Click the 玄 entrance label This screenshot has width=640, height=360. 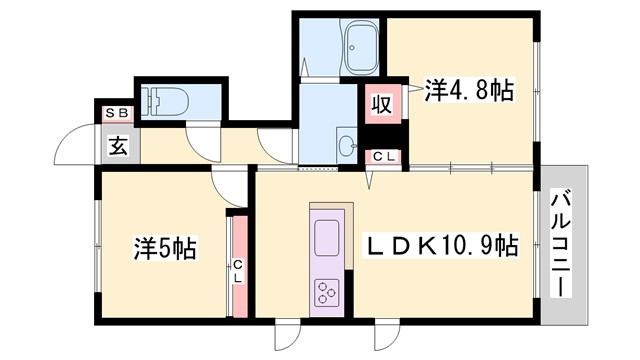(117, 147)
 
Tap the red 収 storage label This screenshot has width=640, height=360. (381, 104)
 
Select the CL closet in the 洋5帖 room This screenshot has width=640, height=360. (238, 265)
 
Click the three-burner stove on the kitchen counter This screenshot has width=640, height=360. (326, 292)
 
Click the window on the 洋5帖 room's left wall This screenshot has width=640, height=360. (97, 245)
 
